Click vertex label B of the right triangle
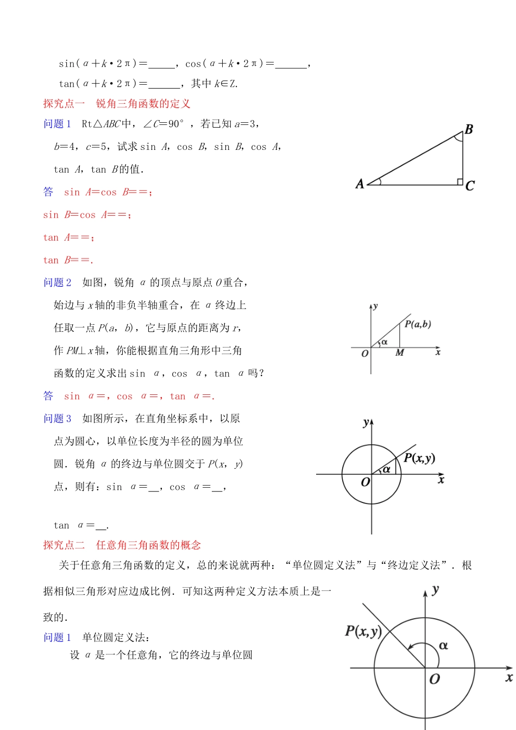(469, 129)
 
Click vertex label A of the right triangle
(360, 184)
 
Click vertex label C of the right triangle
(470, 186)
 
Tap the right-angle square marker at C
(460, 181)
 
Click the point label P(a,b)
(418, 324)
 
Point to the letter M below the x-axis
(400, 353)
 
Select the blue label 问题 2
(57, 282)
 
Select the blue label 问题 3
(57, 419)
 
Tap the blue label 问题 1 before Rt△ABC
(57, 124)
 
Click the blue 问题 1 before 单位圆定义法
(57, 638)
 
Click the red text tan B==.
(68, 260)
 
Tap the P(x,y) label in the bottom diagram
(363, 631)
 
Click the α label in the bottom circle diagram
(443, 646)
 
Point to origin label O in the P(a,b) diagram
(365, 354)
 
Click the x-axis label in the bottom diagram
(508, 677)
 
